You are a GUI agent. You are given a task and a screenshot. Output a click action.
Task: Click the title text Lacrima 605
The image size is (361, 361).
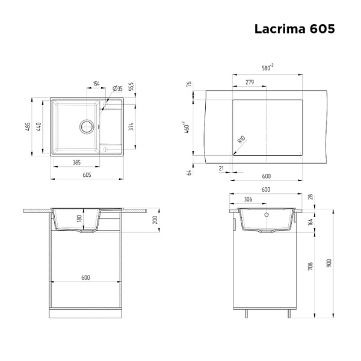coord(294,29)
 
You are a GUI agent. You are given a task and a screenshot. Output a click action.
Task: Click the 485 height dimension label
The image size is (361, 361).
coord(28,126)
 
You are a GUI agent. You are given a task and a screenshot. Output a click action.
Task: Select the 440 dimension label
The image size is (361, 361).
coord(39,126)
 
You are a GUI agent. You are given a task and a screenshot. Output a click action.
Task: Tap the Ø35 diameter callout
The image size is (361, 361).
coord(117,88)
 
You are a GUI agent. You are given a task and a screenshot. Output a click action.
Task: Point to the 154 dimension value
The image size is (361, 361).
coord(96,84)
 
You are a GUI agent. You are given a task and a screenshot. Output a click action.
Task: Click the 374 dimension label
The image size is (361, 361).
coord(131,126)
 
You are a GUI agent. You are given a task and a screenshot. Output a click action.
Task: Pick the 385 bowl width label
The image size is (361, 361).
coord(76,162)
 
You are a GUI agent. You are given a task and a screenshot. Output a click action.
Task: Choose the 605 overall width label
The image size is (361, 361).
coord(87,175)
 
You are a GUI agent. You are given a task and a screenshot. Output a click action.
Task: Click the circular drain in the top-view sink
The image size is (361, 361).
coord(87,126)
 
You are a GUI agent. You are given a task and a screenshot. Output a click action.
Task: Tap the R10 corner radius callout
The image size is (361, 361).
coord(241,140)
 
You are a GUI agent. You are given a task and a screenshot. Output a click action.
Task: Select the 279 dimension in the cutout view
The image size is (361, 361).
coord(250,82)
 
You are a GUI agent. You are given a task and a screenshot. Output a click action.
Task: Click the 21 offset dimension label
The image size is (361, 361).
coord(221,168)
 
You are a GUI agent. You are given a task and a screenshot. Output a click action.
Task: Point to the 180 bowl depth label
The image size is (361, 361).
coord(79,218)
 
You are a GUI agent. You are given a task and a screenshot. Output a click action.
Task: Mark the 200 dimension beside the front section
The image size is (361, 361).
coord(155,220)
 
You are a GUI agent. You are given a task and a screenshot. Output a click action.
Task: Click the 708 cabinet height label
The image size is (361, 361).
coord(310,266)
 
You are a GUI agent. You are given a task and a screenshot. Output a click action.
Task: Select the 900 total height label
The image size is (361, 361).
coord(329,263)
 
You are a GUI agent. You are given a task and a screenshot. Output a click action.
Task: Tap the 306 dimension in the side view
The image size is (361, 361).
coord(248,199)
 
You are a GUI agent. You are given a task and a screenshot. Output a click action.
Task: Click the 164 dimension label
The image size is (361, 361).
coord(310,222)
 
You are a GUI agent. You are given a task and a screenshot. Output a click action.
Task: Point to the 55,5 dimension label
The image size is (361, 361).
coord(131,87)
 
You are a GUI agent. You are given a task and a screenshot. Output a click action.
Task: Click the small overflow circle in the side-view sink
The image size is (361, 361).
coord(267,215)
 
